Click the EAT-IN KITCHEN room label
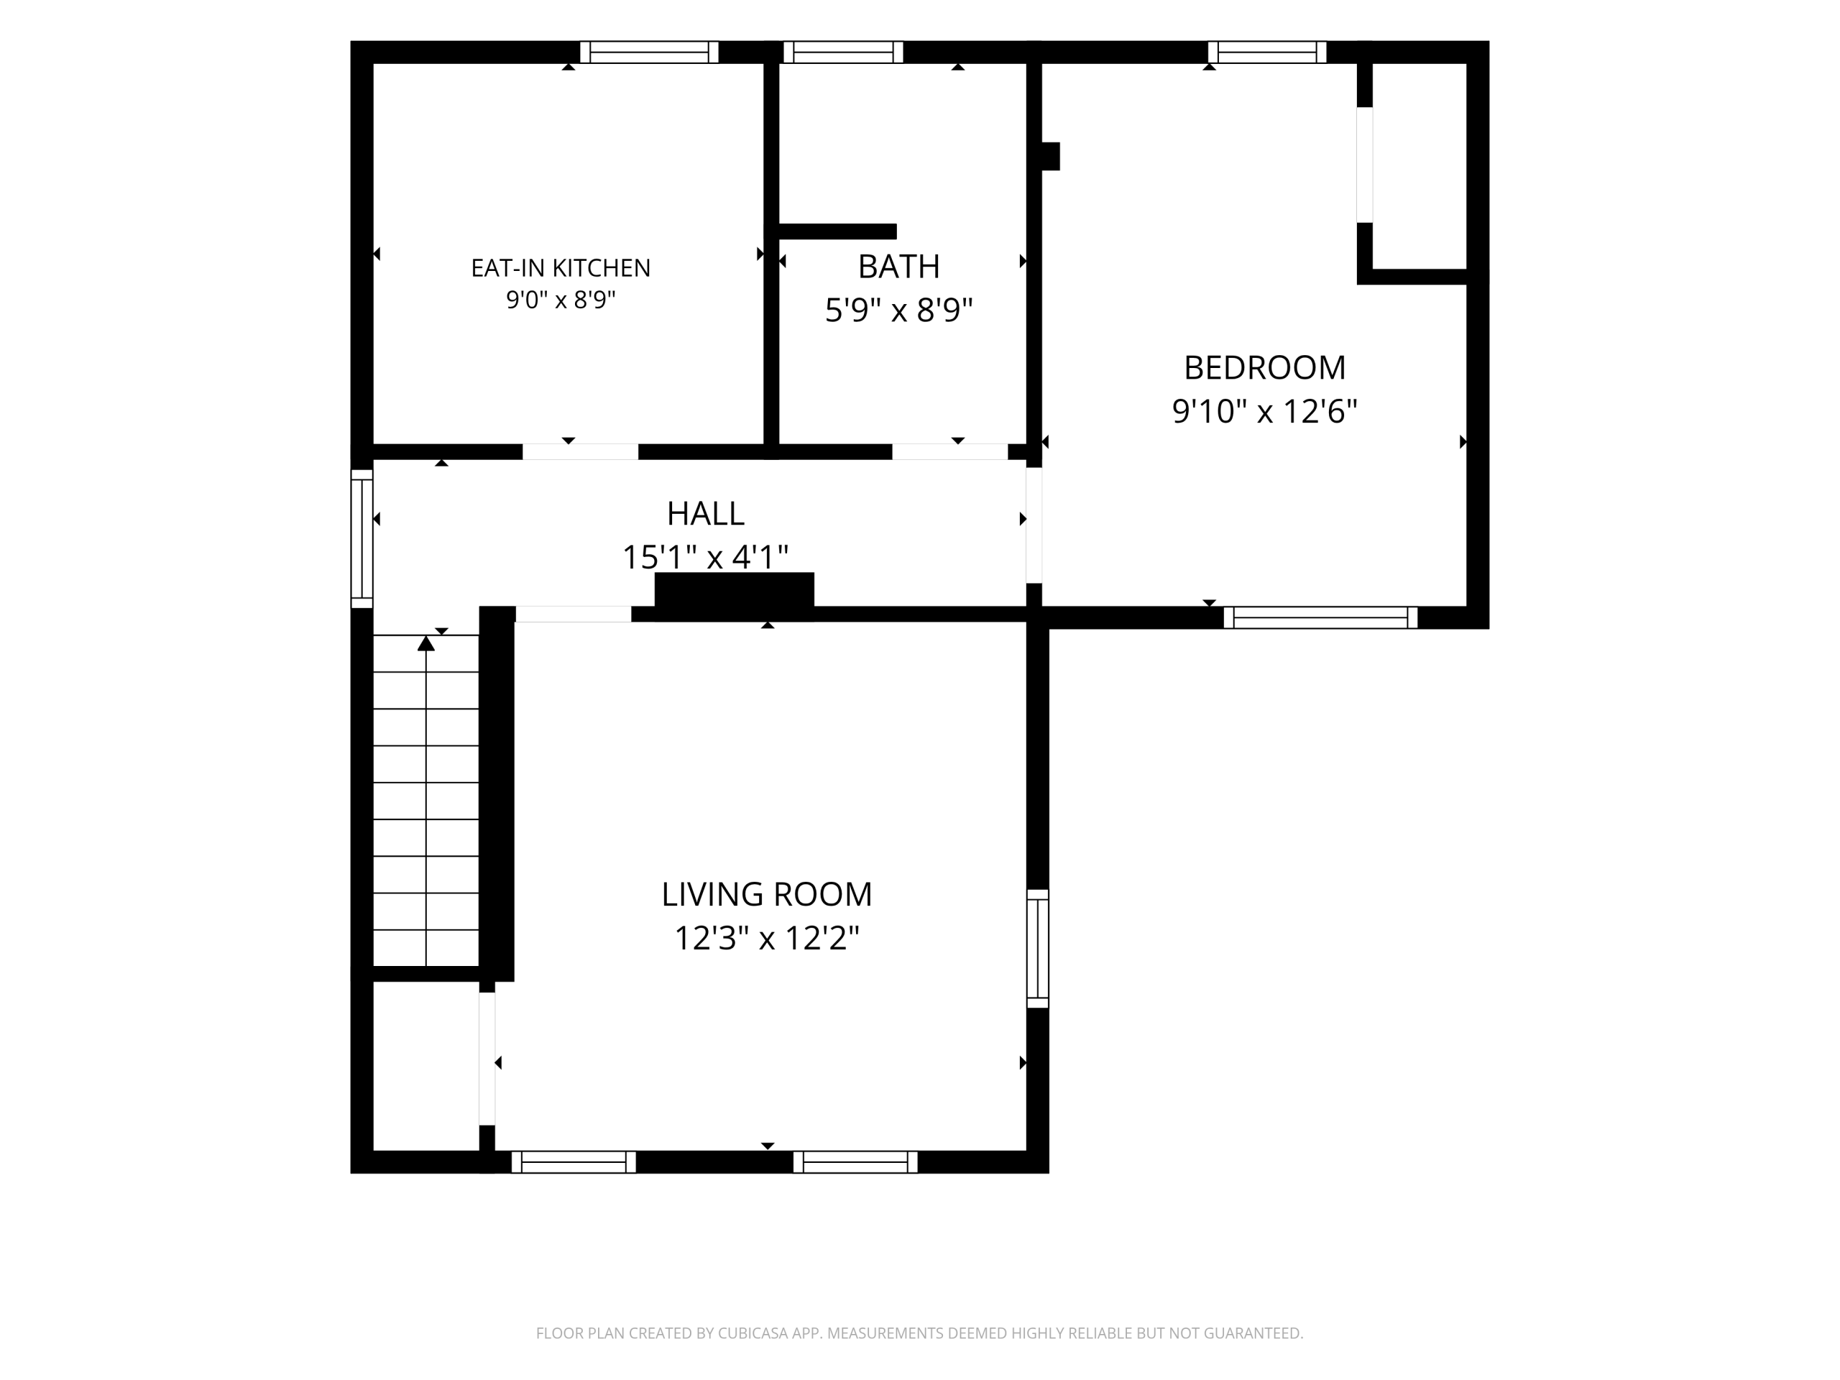pyautogui.click(x=561, y=268)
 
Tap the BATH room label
pyautogui.click(x=898, y=266)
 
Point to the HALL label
pyautogui.click(x=705, y=513)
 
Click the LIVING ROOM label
pyautogui.click(x=767, y=894)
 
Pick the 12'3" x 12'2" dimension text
pyautogui.click(x=767, y=938)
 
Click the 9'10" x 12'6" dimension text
pyautogui.click(x=1264, y=411)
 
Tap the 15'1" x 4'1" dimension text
pyautogui.click(x=705, y=556)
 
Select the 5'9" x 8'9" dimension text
pyautogui.click(x=898, y=310)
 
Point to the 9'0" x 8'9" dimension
pyautogui.click(x=561, y=300)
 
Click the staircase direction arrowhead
pyautogui.click(x=426, y=643)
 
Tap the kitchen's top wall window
pyautogui.click(x=649, y=52)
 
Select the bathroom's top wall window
pyautogui.click(x=842, y=52)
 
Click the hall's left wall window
pyautogui.click(x=362, y=538)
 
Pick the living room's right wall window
pyautogui.click(x=1037, y=948)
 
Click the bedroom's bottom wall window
pyautogui.click(x=1320, y=617)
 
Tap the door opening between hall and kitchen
pyautogui.click(x=580, y=451)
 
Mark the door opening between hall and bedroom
pyautogui.click(x=1034, y=525)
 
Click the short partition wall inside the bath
pyautogui.click(x=837, y=231)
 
